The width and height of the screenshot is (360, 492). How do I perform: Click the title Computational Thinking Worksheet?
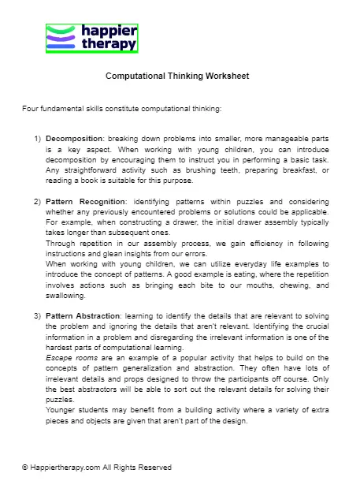coord(177,77)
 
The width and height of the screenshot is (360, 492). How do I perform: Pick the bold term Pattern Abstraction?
coord(82,315)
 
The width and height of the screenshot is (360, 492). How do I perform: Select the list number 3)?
coord(38,315)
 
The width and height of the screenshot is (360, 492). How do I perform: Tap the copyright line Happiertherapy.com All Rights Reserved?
coord(97,467)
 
